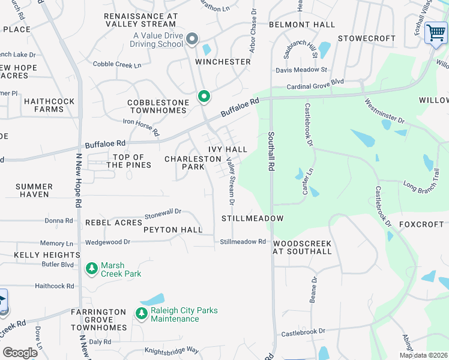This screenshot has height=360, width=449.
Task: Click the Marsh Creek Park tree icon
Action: tap(91, 269)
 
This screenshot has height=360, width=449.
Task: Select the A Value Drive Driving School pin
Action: tap(192, 40)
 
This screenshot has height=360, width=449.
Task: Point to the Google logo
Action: tap(19, 353)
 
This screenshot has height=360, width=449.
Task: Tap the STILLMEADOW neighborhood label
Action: tap(252, 218)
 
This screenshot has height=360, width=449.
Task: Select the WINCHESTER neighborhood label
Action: tap(223, 62)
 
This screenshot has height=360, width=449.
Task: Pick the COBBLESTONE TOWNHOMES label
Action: tap(158, 107)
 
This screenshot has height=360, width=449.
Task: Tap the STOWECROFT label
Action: tap(366, 38)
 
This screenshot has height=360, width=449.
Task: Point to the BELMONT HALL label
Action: tap(301, 25)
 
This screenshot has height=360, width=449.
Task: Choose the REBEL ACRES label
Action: tap(113, 223)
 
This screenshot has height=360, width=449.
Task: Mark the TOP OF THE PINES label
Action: tap(125, 161)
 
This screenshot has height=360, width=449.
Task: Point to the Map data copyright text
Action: tap(423, 355)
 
